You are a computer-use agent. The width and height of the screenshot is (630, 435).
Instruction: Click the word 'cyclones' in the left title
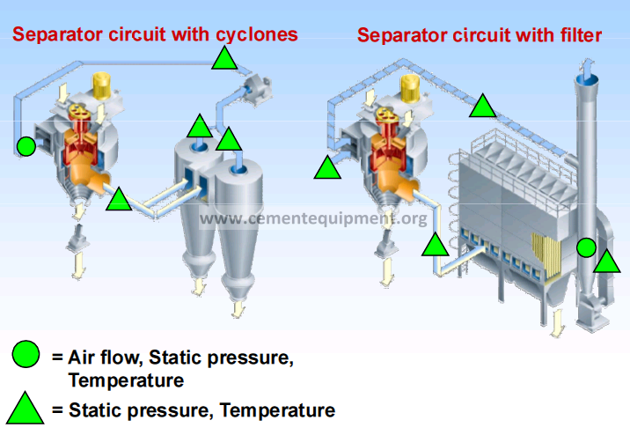coord(257,34)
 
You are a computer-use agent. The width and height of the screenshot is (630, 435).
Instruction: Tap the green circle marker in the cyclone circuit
coord(26,146)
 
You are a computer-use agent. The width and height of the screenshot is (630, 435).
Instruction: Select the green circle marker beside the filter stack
coord(586,247)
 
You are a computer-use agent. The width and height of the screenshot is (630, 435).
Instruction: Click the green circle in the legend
coord(26,354)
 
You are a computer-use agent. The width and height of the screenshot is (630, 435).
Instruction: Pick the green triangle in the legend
coord(25,409)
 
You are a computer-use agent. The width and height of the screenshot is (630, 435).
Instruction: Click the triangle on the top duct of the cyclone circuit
coord(224,58)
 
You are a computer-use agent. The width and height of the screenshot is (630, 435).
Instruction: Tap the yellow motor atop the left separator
coord(102,86)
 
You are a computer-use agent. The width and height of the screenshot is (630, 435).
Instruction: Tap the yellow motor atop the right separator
coord(410,89)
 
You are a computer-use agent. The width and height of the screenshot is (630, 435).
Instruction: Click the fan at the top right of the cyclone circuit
coord(257,89)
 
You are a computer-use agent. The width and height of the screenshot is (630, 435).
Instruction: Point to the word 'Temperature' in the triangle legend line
coord(278,410)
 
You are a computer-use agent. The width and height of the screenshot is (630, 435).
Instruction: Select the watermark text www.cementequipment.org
coord(313,218)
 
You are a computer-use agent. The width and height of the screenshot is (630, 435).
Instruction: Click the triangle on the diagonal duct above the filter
coord(482,107)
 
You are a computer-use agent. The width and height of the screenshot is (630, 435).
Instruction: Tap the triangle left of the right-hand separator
coord(327,168)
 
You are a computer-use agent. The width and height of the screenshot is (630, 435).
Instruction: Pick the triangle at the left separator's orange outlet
coord(119,200)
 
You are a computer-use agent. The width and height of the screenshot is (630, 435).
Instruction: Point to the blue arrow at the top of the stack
coord(588,68)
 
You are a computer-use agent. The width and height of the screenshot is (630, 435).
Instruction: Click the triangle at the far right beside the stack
coord(607,262)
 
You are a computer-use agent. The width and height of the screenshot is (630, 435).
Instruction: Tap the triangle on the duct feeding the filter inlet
coord(436,246)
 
